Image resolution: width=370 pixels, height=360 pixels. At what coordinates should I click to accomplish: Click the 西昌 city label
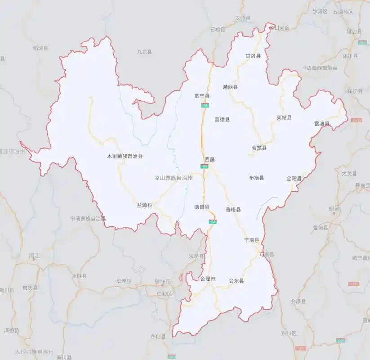pos(210,159)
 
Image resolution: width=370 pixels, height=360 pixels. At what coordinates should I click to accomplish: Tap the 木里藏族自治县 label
pos(125,156)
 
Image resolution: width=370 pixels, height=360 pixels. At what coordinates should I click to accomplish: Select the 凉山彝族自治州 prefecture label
pos(174,178)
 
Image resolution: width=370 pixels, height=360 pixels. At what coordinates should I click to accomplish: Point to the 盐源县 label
pos(144,205)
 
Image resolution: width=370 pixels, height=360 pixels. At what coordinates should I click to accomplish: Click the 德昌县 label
pos(201,207)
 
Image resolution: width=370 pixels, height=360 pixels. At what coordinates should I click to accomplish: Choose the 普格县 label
pos(233,209)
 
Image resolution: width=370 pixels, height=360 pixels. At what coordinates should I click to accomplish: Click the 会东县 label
pos(236,281)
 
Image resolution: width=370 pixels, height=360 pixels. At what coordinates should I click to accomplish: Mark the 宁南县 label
pos(251,240)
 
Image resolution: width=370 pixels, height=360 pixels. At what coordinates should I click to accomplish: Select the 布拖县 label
pos(256,178)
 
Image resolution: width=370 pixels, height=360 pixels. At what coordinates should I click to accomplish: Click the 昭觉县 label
pos(259,148)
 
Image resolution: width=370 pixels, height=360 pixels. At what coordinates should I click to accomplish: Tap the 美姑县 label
pos(284,117)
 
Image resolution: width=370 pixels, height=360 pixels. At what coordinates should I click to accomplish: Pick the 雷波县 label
pos(321,124)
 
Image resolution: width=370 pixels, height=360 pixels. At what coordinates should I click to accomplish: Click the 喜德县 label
pos(222,120)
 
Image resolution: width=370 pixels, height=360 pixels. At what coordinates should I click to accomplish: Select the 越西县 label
pos(230,87)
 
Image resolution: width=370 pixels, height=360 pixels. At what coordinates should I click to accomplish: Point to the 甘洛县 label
pos(253,56)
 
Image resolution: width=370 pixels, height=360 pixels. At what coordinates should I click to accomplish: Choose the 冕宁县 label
pos(201,96)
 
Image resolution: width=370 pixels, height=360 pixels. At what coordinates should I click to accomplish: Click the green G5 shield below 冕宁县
pos(205,105)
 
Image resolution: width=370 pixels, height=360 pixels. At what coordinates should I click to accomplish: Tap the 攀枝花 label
pos(162,282)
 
